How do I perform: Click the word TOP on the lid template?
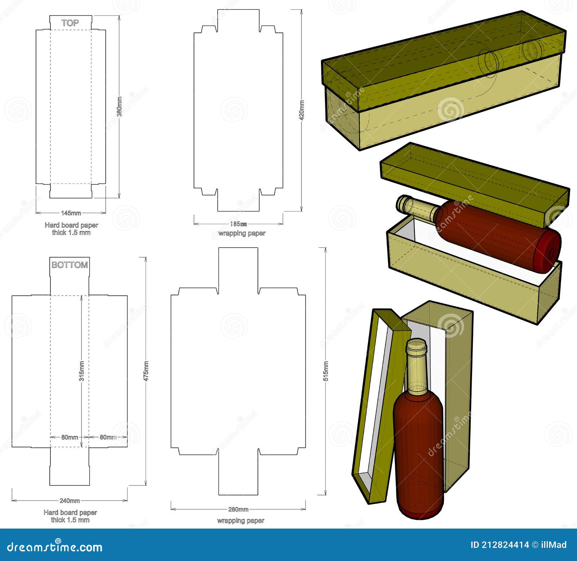coord(70,23)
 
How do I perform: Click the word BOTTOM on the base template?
coord(70,265)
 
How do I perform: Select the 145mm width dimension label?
coord(71,213)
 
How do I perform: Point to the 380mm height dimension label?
coord(119,106)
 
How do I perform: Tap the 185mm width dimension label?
coord(238,224)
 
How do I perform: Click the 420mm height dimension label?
coord(301,110)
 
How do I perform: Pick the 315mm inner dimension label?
coord(82,371)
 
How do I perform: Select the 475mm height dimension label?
coord(146,371)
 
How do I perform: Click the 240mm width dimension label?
coord(70,500)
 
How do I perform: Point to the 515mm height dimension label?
coord(326,371)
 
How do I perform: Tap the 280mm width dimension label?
coord(238,509)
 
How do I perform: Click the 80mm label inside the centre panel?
coord(70,437)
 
